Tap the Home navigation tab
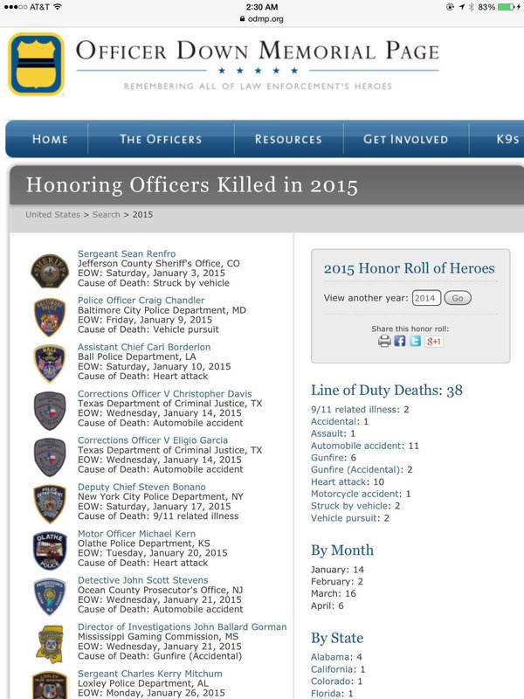[x=50, y=139]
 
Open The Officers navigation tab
[x=160, y=139]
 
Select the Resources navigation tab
[x=288, y=139]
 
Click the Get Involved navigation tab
[x=406, y=139]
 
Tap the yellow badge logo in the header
[x=36, y=64]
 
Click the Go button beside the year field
[x=457, y=298]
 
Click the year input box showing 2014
[x=426, y=298]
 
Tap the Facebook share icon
[x=400, y=341]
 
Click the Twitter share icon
[x=415, y=341]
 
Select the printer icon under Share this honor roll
[x=385, y=341]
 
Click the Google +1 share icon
[x=433, y=341]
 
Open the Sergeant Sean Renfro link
[x=127, y=254]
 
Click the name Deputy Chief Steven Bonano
[x=141, y=487]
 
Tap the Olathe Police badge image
[x=50, y=550]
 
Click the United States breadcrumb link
[x=52, y=214]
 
